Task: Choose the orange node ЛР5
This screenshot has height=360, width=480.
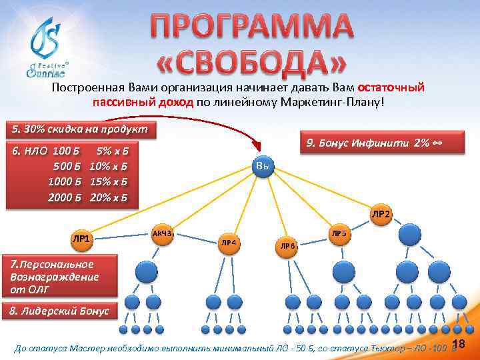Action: [x=339, y=233]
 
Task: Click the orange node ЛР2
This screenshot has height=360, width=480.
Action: [x=381, y=214]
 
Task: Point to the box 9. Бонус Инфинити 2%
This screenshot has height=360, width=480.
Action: [x=373, y=142]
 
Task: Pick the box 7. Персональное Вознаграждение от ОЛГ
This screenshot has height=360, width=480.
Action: [x=59, y=277]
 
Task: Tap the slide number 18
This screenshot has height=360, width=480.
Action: [x=458, y=343]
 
